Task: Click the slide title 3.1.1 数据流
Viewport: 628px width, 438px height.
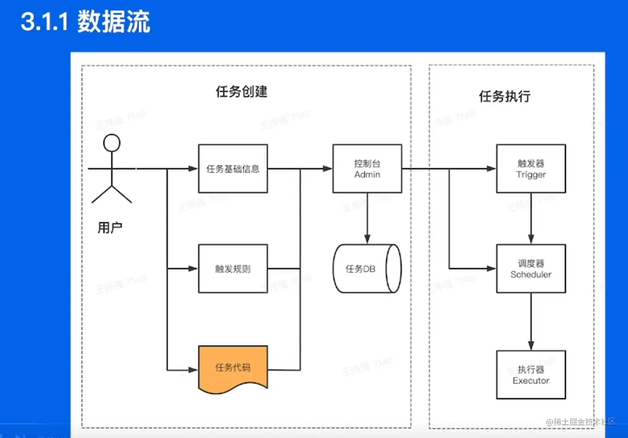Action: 85,21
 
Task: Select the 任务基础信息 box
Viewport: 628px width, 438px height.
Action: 233,169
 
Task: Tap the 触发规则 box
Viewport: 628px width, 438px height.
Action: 233,268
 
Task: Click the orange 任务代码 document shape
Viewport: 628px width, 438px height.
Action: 233,367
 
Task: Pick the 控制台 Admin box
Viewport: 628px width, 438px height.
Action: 367,169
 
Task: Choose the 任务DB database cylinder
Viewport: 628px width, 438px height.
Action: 367,268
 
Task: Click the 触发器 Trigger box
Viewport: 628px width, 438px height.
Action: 531,169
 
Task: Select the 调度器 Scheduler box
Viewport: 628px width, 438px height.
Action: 531,268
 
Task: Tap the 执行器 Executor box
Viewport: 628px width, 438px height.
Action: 531,374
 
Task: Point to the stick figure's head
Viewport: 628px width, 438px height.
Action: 112,143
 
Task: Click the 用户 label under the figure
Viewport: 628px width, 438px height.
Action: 110,228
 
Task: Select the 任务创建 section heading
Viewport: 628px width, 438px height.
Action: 241,92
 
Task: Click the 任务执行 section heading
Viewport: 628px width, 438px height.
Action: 505,96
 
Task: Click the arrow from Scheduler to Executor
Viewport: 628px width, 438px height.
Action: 531,321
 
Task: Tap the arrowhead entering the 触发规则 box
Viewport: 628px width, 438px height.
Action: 193,268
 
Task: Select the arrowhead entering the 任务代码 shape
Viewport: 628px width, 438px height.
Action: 193,370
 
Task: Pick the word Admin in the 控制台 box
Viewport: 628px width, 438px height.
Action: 367,174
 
